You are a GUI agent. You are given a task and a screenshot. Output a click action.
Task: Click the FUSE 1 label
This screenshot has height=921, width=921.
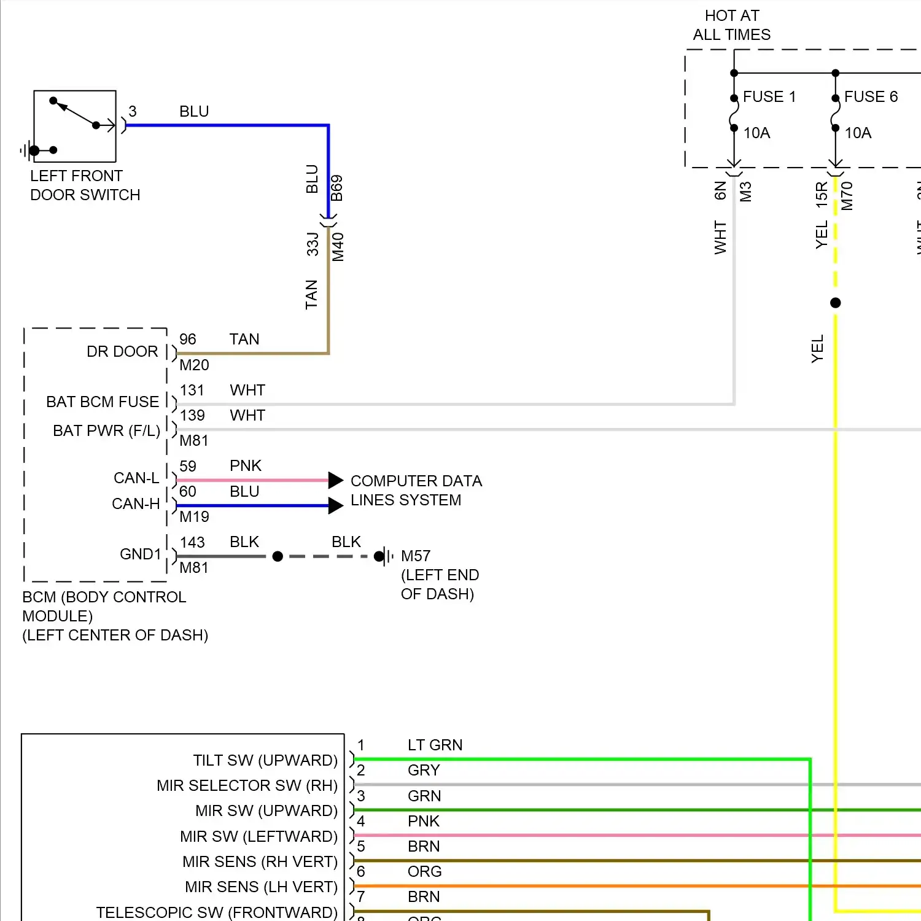pos(769,97)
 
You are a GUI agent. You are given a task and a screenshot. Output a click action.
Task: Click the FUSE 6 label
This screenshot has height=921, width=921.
pos(871,97)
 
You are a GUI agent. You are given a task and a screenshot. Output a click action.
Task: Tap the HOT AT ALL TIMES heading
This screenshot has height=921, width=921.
pos(731,25)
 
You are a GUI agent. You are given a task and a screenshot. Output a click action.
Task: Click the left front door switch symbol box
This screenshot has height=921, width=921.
pos(75,126)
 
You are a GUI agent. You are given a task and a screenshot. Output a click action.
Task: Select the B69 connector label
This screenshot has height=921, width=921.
pos(337,188)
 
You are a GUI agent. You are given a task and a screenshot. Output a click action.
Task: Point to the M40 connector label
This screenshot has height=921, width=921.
pos(338,247)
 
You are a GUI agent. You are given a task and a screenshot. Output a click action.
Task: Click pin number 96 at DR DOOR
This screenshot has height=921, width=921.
pos(188,340)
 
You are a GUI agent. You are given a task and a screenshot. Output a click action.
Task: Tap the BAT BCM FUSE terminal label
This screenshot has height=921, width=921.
pos(103,402)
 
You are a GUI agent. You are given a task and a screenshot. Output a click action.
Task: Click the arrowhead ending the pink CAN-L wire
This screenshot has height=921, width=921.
pos(335,480)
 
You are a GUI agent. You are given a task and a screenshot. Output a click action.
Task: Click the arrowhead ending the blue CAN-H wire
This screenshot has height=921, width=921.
pos(335,506)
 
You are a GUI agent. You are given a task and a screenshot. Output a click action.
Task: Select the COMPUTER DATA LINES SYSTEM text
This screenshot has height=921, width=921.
pos(416,491)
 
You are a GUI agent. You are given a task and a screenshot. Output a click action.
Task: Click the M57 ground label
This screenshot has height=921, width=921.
pos(416,556)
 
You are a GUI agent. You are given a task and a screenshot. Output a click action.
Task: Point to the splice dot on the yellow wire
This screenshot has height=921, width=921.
pos(835,303)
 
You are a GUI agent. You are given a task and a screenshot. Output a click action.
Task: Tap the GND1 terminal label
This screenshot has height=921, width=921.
pos(140,554)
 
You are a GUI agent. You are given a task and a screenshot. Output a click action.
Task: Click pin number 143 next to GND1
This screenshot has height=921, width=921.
pos(192,543)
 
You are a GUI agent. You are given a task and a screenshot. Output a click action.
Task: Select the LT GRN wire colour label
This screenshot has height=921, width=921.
pos(435,745)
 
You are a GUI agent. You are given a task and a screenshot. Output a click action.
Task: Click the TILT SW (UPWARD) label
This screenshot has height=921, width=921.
pos(265,761)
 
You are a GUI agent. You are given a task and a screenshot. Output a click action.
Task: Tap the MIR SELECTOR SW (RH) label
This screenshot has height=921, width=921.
pos(247,786)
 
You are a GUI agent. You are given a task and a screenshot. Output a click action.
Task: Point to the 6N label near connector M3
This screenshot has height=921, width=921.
pos(721,191)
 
